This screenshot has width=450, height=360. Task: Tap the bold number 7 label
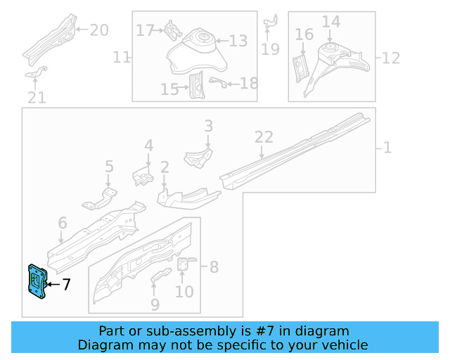click(x=66, y=285)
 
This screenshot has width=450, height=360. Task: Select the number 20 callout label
click(x=99, y=30)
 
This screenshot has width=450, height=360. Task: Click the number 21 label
click(x=37, y=97)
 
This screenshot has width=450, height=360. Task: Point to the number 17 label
click(x=145, y=30)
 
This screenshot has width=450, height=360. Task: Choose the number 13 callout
click(x=238, y=41)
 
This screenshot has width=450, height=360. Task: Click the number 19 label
click(x=270, y=49)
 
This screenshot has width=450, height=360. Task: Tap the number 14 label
click(x=330, y=22)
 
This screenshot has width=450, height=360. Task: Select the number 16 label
click(x=304, y=34)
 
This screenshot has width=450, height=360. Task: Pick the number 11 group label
click(x=122, y=57)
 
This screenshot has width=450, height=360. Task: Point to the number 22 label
click(x=263, y=136)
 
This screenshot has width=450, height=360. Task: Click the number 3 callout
click(x=208, y=126)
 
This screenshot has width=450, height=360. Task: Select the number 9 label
click(x=155, y=304)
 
